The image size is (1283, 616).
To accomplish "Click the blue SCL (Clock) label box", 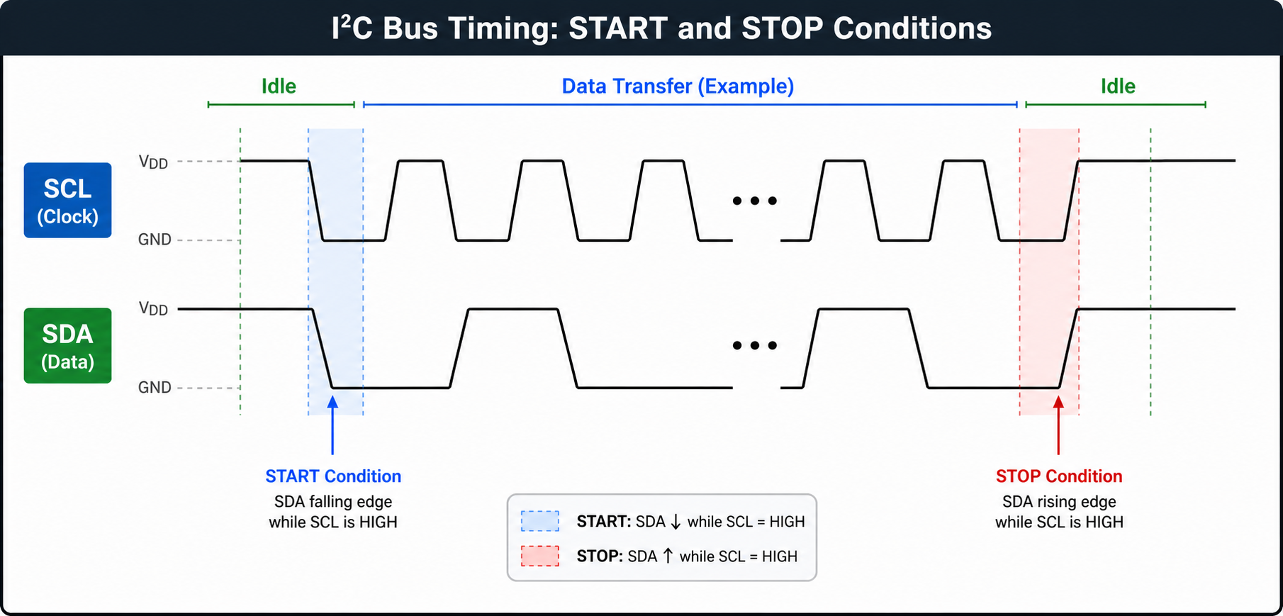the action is [x=67, y=200].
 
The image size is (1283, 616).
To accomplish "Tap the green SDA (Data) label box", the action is [x=67, y=346].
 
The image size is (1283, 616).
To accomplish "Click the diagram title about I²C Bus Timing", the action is [x=661, y=28].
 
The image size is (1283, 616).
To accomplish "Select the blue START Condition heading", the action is [x=333, y=476].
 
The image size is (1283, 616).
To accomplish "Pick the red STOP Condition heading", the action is [x=1059, y=476].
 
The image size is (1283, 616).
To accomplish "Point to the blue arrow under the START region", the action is [x=332, y=425].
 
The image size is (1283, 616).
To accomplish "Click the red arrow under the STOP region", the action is [x=1058, y=425].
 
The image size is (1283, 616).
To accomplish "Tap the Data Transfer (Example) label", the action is [x=678, y=86].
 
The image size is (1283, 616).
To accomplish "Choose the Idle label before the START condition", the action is [x=279, y=86].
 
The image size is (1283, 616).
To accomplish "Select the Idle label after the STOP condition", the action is [x=1118, y=86].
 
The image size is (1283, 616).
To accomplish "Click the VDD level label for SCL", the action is [x=153, y=162].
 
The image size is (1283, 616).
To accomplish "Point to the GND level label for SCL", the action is [x=155, y=240].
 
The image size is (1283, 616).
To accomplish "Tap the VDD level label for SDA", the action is [x=153, y=308].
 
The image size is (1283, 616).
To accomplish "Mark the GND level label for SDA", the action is [x=155, y=387].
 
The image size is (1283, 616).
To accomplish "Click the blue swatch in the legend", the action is [x=540, y=521].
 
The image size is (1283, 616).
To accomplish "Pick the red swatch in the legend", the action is [x=540, y=556].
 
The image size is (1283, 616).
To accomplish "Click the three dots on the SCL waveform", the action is [x=755, y=201].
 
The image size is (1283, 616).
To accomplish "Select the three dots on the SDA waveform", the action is [x=755, y=345].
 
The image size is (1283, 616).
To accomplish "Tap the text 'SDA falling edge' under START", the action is [x=333, y=502].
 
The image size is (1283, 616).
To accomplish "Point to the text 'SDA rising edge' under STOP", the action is [x=1059, y=502].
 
